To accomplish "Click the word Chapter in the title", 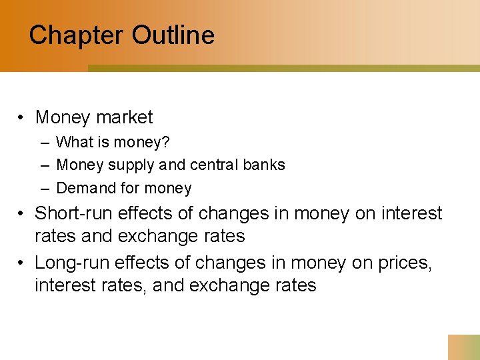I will [x=75, y=35].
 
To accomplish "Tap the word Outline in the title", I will [x=173, y=35].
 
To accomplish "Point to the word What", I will [x=74, y=142].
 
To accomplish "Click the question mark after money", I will [x=165, y=142].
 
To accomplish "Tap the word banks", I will [x=266, y=165].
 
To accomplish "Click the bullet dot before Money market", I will [x=22, y=118].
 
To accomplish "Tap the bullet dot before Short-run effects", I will [x=22, y=213].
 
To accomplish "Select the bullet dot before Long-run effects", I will [x=22, y=263].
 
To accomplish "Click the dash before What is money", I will [x=44, y=142].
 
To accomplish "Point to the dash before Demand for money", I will [x=44, y=189].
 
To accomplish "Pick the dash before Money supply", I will [x=44, y=165].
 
